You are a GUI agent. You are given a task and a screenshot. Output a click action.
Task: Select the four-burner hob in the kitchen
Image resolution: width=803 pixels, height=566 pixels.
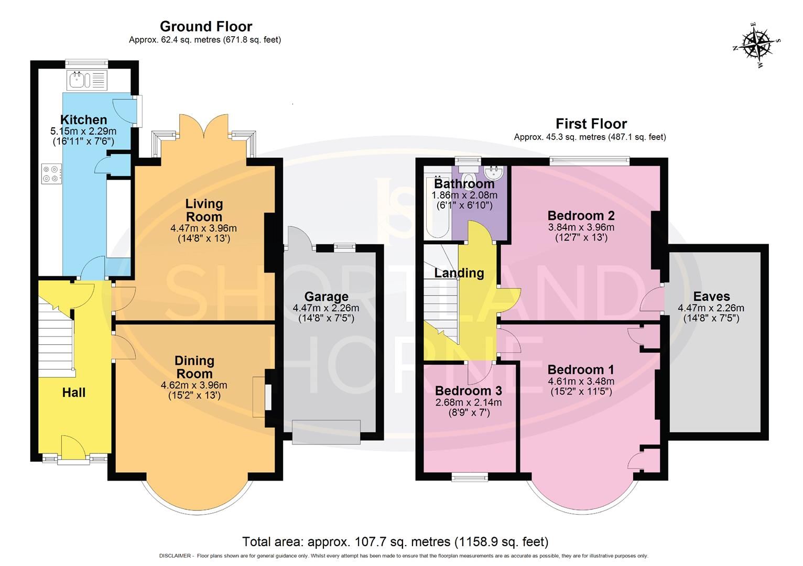[x=51, y=173]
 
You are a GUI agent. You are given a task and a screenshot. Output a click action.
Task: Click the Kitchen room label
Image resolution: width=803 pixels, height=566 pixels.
[x=83, y=119]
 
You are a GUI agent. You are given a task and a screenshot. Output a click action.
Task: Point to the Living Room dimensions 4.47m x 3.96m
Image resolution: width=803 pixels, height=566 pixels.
[x=203, y=228]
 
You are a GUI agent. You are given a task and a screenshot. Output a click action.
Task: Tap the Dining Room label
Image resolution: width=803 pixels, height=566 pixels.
[x=194, y=367]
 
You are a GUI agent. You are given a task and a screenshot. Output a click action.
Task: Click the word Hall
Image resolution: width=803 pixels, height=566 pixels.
[x=73, y=393]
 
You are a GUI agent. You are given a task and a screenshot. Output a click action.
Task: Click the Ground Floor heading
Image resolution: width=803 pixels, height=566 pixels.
[x=205, y=26]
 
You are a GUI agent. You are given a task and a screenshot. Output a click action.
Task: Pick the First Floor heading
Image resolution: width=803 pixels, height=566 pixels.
[x=591, y=124]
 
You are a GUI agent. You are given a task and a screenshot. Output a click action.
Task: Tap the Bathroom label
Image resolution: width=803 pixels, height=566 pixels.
[x=464, y=184]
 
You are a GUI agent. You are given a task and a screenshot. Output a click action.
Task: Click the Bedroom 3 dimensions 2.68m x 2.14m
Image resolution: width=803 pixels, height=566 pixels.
[x=468, y=402]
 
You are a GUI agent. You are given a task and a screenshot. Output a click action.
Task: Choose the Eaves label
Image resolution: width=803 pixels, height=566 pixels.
[x=711, y=296]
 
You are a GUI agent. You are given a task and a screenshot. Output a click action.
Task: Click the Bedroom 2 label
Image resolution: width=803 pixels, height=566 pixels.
[x=581, y=215]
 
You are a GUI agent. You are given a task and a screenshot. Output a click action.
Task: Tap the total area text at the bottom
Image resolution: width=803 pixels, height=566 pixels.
[x=395, y=541]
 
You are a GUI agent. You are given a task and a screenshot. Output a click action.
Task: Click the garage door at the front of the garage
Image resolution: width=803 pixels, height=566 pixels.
[x=326, y=432]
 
